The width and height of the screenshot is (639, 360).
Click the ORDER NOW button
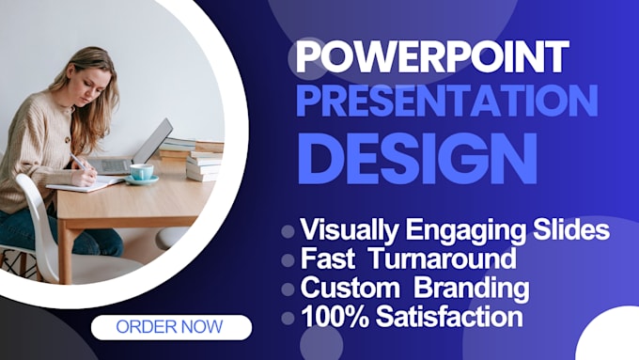172,327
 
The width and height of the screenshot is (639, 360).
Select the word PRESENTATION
447,102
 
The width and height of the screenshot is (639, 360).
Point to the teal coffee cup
142,174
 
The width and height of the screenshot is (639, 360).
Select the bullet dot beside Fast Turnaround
288,260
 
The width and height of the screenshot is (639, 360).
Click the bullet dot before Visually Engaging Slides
288,231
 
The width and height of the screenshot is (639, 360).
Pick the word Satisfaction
449,317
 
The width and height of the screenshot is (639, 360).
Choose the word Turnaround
443,258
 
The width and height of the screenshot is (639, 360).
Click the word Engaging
465,231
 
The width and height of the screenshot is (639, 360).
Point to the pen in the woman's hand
78,163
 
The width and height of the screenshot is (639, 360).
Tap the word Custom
351,288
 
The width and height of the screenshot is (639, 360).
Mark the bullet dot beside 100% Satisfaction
288,318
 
